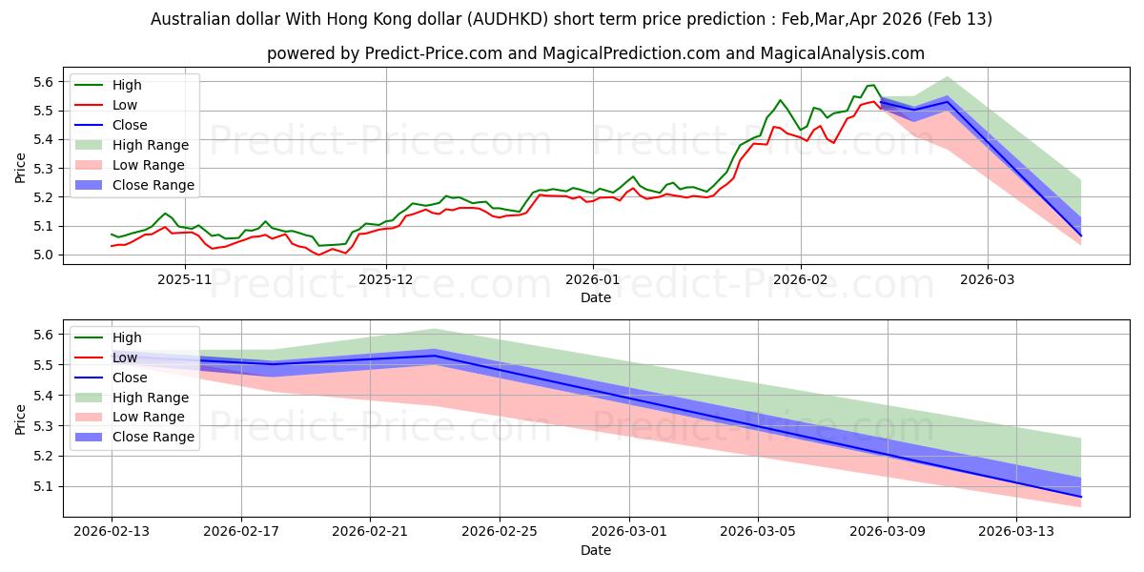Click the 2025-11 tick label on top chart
point(184,279)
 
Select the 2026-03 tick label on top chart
point(988,279)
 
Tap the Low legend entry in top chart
point(125,105)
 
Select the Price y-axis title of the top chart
point(21,169)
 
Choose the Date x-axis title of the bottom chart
point(596,550)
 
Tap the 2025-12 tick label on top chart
point(386,279)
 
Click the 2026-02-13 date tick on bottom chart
point(112,531)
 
